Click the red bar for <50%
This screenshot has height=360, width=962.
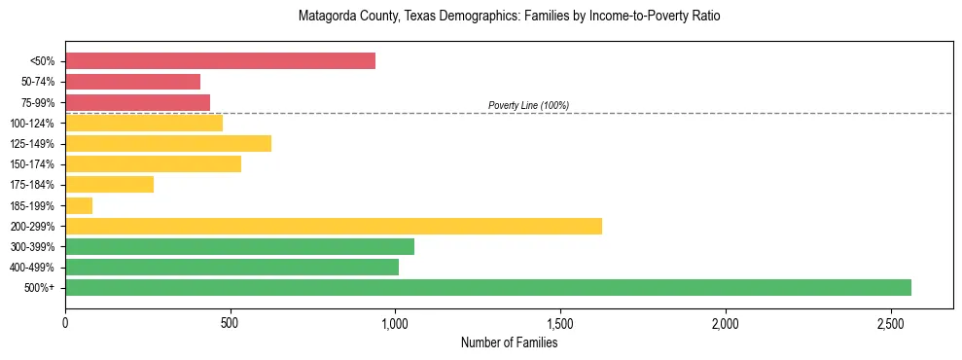(220, 61)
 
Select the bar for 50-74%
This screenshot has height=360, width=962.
(132, 82)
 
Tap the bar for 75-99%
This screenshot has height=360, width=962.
(137, 102)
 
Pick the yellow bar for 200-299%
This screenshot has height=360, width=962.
(333, 226)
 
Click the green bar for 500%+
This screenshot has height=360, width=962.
(487, 287)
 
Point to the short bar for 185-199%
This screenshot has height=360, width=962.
(79, 205)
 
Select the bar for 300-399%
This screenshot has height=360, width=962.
(239, 246)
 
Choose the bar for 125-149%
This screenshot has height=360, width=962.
(168, 143)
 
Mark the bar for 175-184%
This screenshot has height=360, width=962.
(109, 185)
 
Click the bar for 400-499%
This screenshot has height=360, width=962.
(232, 267)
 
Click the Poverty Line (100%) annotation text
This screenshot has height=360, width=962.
(528, 105)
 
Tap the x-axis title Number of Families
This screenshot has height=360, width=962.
(509, 342)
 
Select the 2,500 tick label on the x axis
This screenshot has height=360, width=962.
(890, 322)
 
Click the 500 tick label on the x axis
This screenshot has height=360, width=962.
(230, 322)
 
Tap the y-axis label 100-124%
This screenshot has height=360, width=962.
(32, 124)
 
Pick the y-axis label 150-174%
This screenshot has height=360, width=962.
(32, 164)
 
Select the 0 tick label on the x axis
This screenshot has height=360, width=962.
(65, 322)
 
